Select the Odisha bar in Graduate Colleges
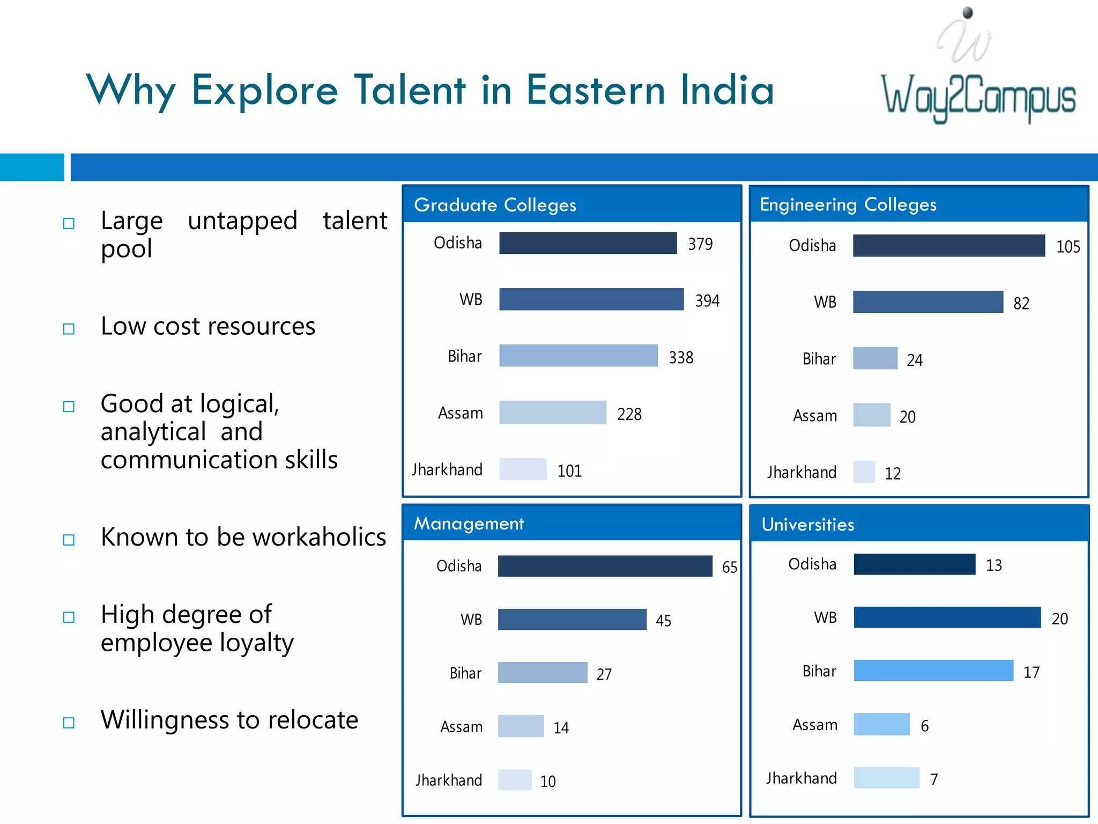point(588,243)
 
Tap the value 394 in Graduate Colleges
point(707,300)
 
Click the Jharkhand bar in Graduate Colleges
point(523,469)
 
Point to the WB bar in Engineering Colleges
point(928,302)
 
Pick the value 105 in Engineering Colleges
point(1067,247)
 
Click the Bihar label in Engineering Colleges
point(819,359)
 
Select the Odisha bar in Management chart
point(605,566)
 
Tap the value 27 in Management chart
point(604,674)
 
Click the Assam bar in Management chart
point(521,726)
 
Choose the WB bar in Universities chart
point(947,617)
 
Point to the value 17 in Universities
point(1031,672)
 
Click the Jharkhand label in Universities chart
point(801,778)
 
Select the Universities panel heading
point(807,524)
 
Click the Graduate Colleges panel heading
point(495,205)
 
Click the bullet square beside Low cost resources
point(69,328)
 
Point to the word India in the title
point(727,90)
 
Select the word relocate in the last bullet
point(313,720)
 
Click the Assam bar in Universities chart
point(881,724)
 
